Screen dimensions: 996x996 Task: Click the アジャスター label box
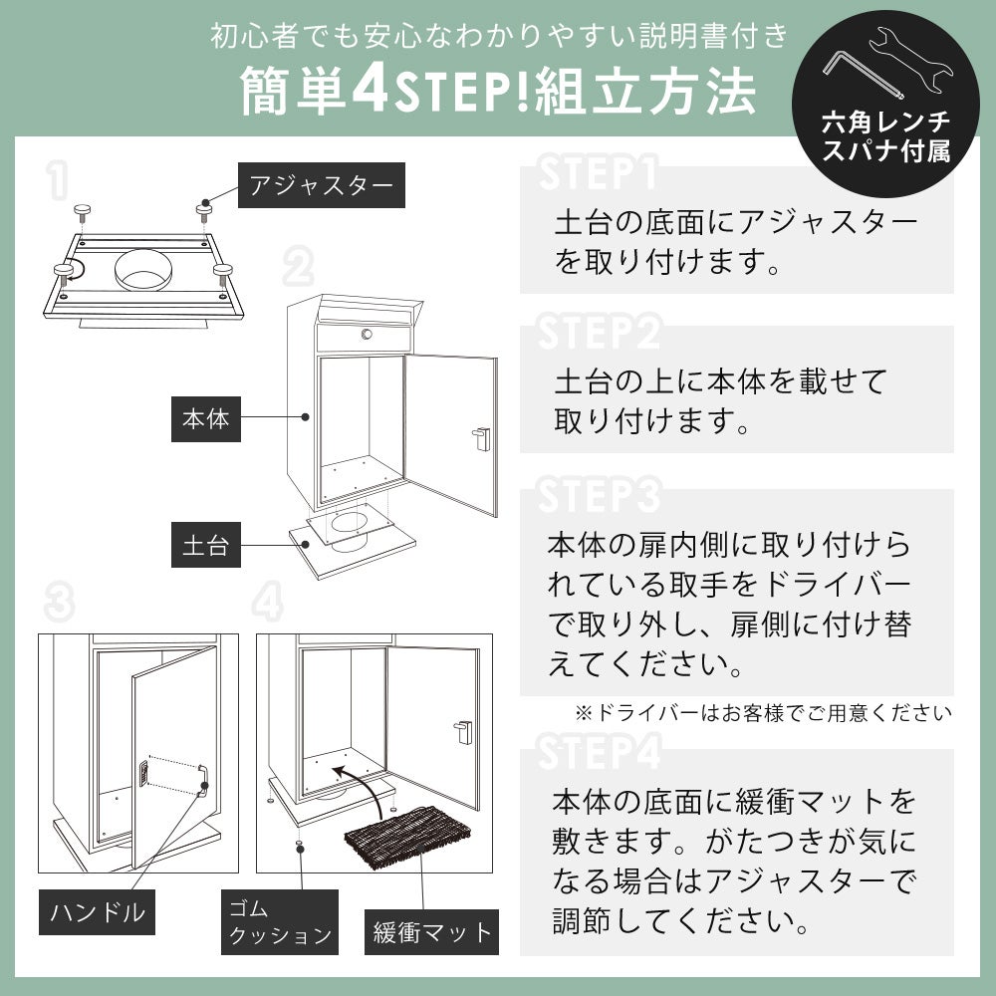pos(322,185)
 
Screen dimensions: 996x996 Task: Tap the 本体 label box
pos(206,419)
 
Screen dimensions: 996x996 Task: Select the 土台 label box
pos(206,545)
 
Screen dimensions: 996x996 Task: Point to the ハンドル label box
pos(98,912)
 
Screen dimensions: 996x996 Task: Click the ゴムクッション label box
pos(280,921)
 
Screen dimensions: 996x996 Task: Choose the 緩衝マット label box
pos(431,932)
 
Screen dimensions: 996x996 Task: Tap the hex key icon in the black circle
pos(862,75)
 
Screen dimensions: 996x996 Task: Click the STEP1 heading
pos(597,172)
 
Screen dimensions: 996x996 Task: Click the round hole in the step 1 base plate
pos(143,269)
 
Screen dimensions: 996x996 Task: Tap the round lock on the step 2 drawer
pos(367,334)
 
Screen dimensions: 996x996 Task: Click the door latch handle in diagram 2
pos(481,439)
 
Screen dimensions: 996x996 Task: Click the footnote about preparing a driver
pos(763,713)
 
